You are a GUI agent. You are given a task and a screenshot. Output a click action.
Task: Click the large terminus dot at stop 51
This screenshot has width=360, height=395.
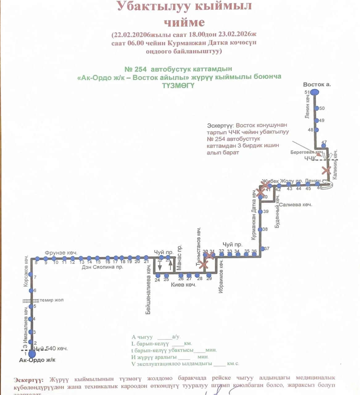pyautogui.click(x=314, y=92)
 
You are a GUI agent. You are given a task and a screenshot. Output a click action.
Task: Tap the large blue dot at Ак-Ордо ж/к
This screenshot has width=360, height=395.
pyautogui.click(x=32, y=353)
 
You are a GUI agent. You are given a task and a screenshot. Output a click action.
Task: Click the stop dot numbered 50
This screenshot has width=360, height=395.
pyautogui.click(x=317, y=108)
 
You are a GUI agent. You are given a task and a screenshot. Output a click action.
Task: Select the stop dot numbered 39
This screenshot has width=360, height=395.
pyautogui.click(x=260, y=212)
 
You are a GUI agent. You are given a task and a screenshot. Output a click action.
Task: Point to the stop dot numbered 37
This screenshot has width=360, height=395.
pyautogui.click(x=263, y=249)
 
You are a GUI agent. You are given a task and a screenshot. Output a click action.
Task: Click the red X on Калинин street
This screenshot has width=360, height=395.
pyautogui.click(x=326, y=170)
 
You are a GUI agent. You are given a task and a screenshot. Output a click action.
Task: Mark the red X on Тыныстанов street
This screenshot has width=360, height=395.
pyautogui.click(x=204, y=265)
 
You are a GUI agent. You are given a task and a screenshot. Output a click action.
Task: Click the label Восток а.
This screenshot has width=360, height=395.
pyautogui.click(x=317, y=85)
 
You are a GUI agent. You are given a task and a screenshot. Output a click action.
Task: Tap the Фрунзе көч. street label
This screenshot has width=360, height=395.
pyautogui.click(x=61, y=253)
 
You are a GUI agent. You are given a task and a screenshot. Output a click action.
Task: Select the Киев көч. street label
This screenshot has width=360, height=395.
pyautogui.click(x=184, y=285)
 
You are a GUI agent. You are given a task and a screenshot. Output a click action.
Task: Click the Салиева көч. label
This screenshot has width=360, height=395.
pyautogui.click(x=296, y=205)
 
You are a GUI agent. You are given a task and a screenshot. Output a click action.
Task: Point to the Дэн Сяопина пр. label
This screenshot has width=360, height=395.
pyautogui.click(x=102, y=267)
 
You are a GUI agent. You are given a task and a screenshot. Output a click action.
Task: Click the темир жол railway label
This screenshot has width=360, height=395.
pyautogui.click(x=52, y=300)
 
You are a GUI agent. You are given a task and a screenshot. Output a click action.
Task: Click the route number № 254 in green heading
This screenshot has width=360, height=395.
pyautogui.click(x=135, y=69)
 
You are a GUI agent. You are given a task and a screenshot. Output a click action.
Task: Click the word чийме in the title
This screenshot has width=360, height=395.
pyautogui.click(x=184, y=22)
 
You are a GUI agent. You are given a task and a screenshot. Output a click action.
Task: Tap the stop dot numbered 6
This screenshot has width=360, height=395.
pyautogui.click(x=31, y=291)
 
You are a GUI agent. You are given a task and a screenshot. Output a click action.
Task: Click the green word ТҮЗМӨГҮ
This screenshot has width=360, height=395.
pyautogui.click(x=178, y=85)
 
